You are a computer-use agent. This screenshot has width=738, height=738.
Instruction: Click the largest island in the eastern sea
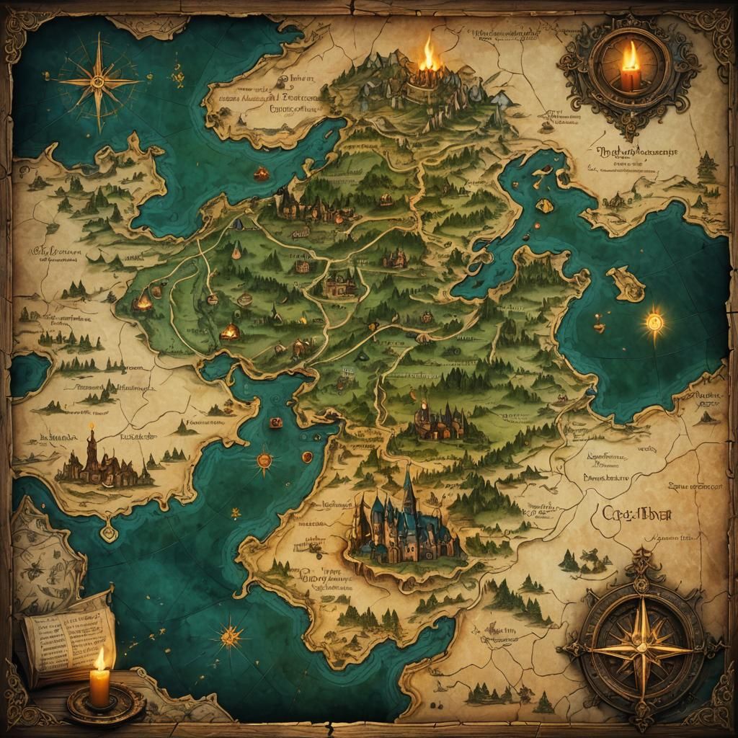coord(626,283)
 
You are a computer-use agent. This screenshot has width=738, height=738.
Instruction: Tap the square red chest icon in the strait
coord(275,424)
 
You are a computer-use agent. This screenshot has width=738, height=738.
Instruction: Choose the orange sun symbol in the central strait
coord(264,459)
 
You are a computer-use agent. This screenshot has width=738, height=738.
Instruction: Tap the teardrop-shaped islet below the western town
coord(108,532)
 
